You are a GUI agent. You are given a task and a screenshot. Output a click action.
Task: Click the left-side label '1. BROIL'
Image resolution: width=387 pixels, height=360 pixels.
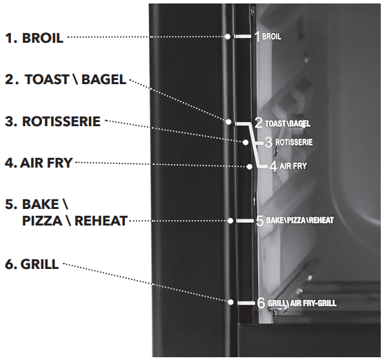tap(34, 38)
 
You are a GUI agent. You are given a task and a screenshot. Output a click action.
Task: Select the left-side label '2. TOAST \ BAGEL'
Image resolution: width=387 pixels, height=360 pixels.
tap(66, 79)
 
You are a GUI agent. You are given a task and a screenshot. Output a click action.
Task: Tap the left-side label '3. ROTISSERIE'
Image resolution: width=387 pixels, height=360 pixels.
tap(53, 121)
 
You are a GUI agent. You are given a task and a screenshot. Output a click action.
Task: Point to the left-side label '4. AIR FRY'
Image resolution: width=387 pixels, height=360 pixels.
tap(39, 163)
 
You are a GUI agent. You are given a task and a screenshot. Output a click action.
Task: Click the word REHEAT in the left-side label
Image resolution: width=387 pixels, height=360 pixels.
tap(101, 221)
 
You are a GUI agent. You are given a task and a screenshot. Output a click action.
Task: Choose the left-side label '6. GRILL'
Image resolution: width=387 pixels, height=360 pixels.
tap(32, 264)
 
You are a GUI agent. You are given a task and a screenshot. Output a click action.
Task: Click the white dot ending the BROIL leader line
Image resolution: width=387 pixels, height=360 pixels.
tap(228, 37)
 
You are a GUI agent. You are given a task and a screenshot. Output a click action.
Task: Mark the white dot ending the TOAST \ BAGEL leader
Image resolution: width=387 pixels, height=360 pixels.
tap(228, 121)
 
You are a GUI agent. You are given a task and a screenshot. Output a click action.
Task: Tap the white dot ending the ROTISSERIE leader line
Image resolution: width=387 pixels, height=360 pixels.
tap(246, 142)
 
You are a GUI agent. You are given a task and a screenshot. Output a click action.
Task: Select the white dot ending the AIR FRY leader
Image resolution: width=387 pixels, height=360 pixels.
tap(250, 167)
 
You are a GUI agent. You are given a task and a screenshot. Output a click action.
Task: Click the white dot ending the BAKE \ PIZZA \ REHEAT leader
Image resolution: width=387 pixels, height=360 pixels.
tap(230, 221)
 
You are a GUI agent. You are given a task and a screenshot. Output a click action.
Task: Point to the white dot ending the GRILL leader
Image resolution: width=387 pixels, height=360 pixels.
tap(230, 302)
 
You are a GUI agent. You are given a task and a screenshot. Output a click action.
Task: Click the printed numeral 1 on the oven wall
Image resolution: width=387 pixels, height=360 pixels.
tap(257, 37)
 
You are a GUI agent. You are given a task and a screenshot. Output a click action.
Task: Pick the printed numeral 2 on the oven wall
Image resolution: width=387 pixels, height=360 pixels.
tap(259, 123)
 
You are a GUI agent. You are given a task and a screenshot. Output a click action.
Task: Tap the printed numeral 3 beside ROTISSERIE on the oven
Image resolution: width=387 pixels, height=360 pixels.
tap(268, 142)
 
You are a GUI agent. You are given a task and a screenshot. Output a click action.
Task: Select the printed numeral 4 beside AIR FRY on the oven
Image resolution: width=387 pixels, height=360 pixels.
tap(273, 166)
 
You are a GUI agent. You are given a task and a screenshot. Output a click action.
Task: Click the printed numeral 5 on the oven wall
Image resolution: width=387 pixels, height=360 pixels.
tap(260, 221)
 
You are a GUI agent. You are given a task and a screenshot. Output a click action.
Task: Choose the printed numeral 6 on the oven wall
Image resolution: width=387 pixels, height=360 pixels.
tap(261, 303)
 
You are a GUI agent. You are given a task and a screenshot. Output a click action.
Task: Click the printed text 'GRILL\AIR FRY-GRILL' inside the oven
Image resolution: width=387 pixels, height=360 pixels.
tap(302, 303)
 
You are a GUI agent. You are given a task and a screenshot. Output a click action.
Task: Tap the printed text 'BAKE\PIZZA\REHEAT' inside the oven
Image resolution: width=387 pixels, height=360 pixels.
tap(300, 220)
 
